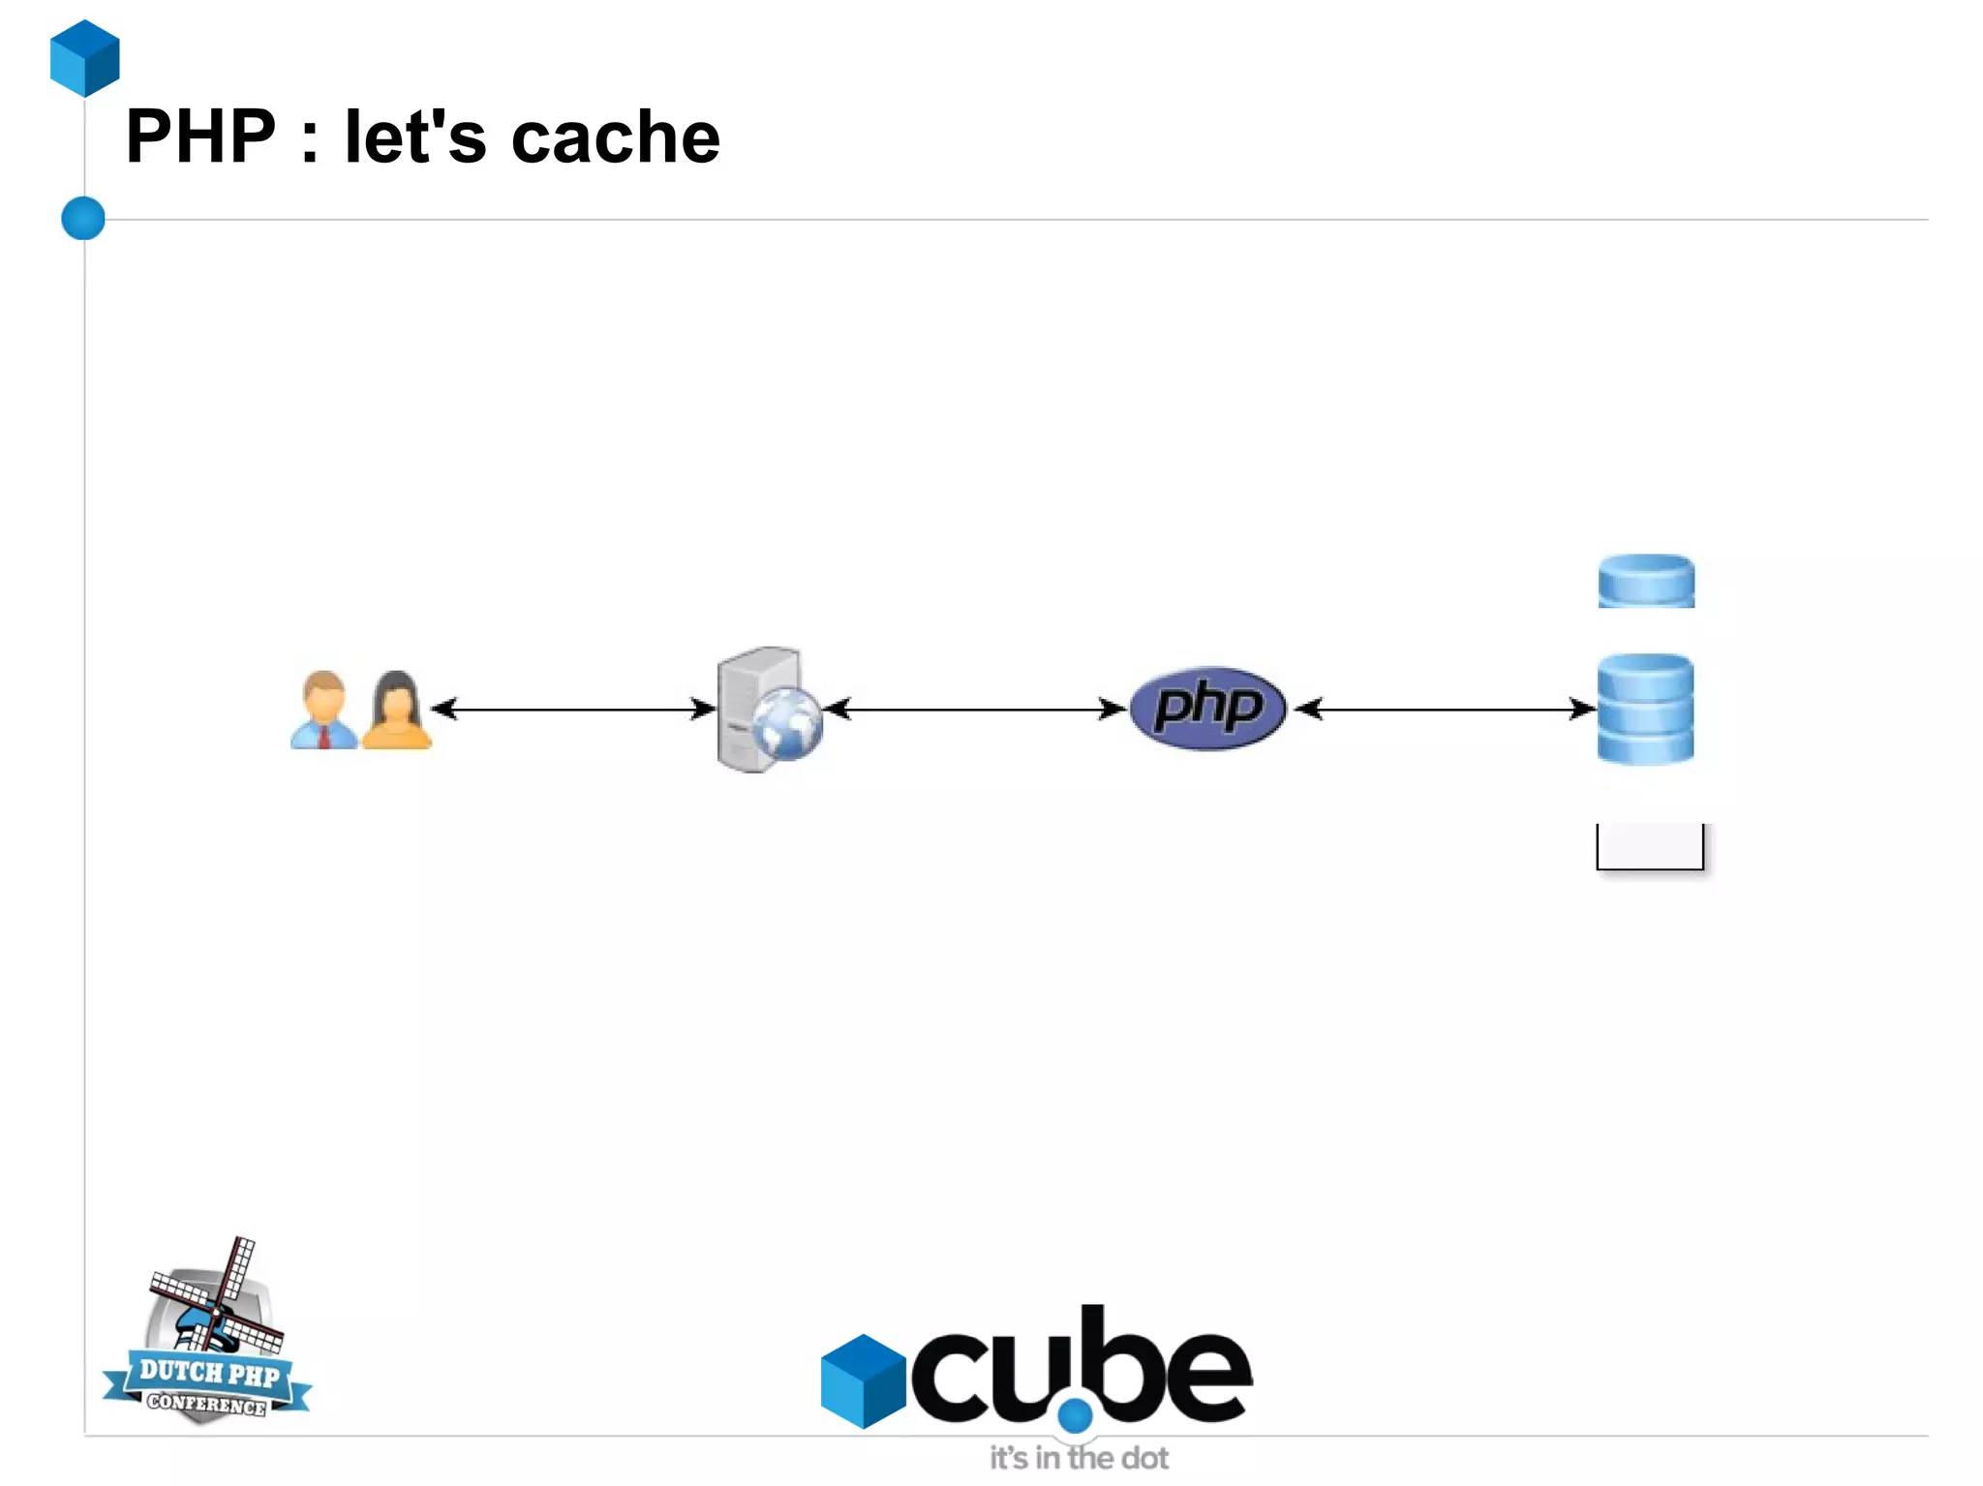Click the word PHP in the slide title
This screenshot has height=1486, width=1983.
200,136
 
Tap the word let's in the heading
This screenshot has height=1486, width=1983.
414,136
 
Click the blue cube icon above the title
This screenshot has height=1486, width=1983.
85,58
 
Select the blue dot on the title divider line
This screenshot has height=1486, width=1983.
83,218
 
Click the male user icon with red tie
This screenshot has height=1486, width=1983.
323,712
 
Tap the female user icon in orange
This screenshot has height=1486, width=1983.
396,712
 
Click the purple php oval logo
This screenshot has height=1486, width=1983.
1207,708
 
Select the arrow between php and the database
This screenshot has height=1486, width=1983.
1446,710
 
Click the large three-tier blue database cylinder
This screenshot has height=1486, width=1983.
1645,710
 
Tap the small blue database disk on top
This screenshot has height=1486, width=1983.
1646,581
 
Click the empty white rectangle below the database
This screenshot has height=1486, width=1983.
1650,846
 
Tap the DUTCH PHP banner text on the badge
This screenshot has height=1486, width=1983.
208,1372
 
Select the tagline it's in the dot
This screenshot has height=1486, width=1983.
1079,1458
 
